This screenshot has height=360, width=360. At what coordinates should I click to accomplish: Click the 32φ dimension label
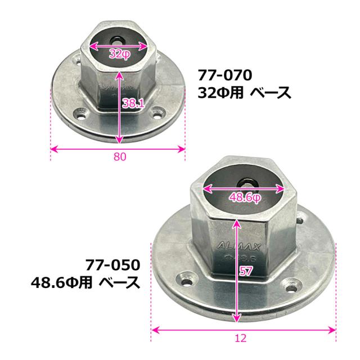[x=119, y=54]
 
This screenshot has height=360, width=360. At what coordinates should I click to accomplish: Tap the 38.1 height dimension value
[x=133, y=103]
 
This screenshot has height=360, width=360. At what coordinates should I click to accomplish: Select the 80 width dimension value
[x=120, y=156]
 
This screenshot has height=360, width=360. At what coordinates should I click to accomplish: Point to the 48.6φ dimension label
[x=245, y=197]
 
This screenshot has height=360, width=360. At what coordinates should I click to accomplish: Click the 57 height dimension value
[x=246, y=271]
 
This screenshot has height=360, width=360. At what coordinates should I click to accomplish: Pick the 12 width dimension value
[x=241, y=338]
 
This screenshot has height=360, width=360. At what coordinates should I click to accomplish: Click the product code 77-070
[x=225, y=75]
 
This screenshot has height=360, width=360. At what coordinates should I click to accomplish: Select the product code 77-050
[x=112, y=265]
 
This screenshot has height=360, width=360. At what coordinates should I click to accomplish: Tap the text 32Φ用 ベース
[x=244, y=93]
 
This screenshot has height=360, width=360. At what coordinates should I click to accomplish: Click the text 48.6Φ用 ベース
[x=85, y=282]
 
